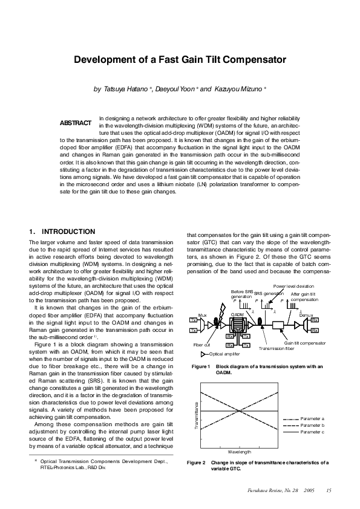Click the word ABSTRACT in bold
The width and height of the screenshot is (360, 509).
click(76, 123)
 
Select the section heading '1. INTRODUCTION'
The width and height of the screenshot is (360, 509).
click(62, 232)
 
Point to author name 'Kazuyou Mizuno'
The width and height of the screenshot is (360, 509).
click(238, 89)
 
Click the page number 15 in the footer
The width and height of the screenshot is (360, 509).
click(329, 490)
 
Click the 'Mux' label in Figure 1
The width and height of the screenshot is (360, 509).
click(202, 315)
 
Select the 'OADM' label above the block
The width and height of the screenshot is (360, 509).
click(238, 315)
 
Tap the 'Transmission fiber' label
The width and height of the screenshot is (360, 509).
click(277, 349)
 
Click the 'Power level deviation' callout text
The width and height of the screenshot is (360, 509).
click(293, 285)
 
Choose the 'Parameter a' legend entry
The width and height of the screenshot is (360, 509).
click(312, 418)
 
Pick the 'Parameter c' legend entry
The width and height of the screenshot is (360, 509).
click(312, 432)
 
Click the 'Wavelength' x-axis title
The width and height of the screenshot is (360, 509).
click(240, 452)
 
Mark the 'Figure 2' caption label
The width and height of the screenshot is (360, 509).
click(197, 463)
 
